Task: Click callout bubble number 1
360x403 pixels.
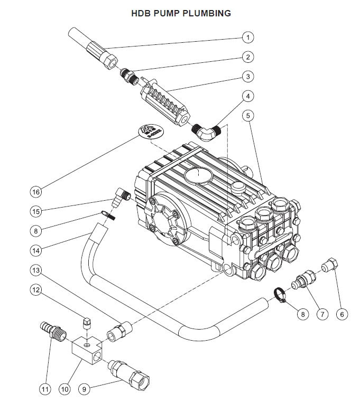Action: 248,38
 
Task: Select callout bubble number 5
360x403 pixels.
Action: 248,115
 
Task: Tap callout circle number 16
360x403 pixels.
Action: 36,191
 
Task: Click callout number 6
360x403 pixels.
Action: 341,314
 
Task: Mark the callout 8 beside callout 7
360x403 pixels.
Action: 303,314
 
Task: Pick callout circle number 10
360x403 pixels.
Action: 64,389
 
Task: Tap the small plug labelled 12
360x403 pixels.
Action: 88,322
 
